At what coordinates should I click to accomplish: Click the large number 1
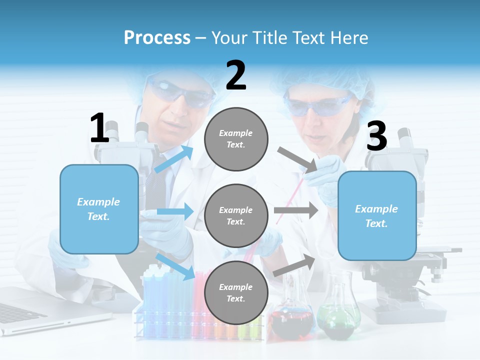click(99, 128)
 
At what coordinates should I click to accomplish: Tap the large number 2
click(236, 75)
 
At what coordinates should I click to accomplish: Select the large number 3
click(376, 136)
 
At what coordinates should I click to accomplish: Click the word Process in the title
click(157, 37)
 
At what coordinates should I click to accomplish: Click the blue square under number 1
click(99, 209)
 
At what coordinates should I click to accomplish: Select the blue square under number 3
click(377, 216)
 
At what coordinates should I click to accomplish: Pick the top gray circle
click(236, 139)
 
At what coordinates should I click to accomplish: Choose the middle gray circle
click(236, 216)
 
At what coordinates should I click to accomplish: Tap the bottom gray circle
click(236, 293)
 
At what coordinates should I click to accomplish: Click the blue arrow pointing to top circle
click(174, 159)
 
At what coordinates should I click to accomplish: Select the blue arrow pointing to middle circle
click(175, 211)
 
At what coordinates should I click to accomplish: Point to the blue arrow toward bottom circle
click(175, 266)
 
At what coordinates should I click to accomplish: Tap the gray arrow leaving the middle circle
click(296, 210)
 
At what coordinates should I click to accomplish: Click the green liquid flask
click(338, 315)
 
